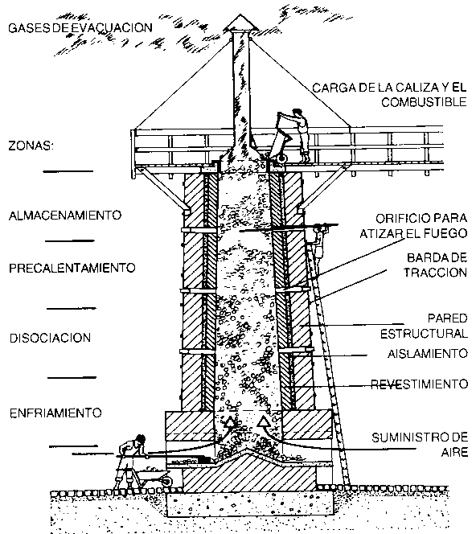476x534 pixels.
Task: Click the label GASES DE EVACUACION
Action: pyautogui.click(x=80, y=27)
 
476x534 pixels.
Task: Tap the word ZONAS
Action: pyautogui.click(x=31, y=146)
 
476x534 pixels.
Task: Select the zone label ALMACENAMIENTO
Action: pyautogui.click(x=65, y=216)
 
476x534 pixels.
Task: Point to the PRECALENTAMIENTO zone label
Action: pyautogui.click(x=72, y=268)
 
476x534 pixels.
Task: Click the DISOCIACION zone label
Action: pyautogui.click(x=51, y=339)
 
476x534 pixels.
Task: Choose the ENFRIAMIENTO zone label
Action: pyautogui.click(x=55, y=413)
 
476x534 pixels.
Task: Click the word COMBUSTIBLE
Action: pyautogui.click(x=424, y=102)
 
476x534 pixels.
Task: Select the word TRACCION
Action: pyautogui.click(x=436, y=273)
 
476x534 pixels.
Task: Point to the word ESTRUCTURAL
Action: pyautogui.click(x=424, y=334)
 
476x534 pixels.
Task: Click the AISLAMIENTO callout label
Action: pyautogui.click(x=428, y=354)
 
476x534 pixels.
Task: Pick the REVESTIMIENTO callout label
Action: pyautogui.click(x=420, y=384)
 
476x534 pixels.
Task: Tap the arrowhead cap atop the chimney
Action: pyautogui.click(x=240, y=23)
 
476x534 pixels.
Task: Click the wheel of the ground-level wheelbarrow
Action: pyautogui.click(x=166, y=480)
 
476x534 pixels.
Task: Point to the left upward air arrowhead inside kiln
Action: pyautogui.click(x=231, y=421)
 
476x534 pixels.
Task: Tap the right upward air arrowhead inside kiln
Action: pyautogui.click(x=263, y=421)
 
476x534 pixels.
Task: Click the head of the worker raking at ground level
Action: pyautogui.click(x=140, y=440)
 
